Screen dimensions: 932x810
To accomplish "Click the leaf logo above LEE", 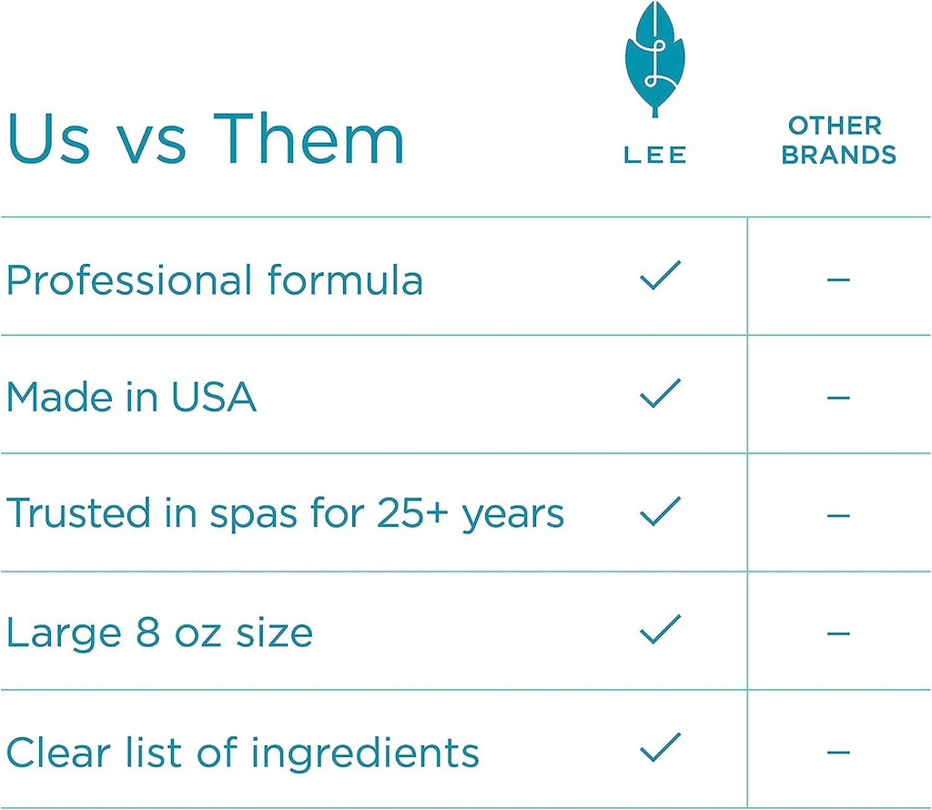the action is click(655, 59).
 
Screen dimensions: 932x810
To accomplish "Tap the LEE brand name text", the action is click(655, 155).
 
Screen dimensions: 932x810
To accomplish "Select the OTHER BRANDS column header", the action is click(838, 140).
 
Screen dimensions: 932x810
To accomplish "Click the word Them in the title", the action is click(309, 138).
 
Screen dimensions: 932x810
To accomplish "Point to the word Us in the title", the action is click(49, 138).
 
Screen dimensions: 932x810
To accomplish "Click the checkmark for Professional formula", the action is click(660, 275).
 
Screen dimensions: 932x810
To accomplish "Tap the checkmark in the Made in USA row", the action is click(660, 393).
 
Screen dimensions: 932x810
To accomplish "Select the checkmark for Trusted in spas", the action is click(660, 511).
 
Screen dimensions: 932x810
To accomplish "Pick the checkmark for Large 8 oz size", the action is click(660, 629).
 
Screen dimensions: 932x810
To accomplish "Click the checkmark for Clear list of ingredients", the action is click(660, 747).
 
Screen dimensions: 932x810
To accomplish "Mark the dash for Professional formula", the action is click(838, 278).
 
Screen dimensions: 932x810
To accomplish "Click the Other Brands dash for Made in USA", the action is click(838, 397).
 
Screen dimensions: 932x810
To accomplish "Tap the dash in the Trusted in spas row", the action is click(838, 515).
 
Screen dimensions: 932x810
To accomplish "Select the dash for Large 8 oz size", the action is click(838, 633).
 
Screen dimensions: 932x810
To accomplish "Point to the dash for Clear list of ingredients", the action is click(838, 753).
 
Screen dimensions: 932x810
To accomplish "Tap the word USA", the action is click(214, 397).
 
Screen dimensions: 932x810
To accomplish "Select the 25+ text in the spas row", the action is click(412, 513).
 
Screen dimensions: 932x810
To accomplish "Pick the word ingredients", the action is click(364, 753).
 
